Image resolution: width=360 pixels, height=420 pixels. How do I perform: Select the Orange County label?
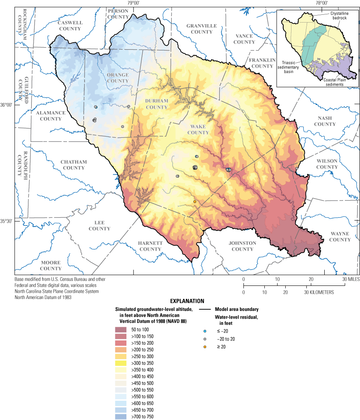(118, 78)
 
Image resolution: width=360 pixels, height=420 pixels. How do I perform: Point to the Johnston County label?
(243, 246)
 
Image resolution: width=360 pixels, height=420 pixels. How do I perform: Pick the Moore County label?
(50, 265)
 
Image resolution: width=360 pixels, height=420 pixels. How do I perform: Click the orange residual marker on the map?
(195, 202)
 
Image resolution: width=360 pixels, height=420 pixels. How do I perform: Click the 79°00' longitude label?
(133, 3)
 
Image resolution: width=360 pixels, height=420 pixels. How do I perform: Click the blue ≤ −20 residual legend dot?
(204, 331)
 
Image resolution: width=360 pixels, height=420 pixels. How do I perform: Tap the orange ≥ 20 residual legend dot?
(204, 347)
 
